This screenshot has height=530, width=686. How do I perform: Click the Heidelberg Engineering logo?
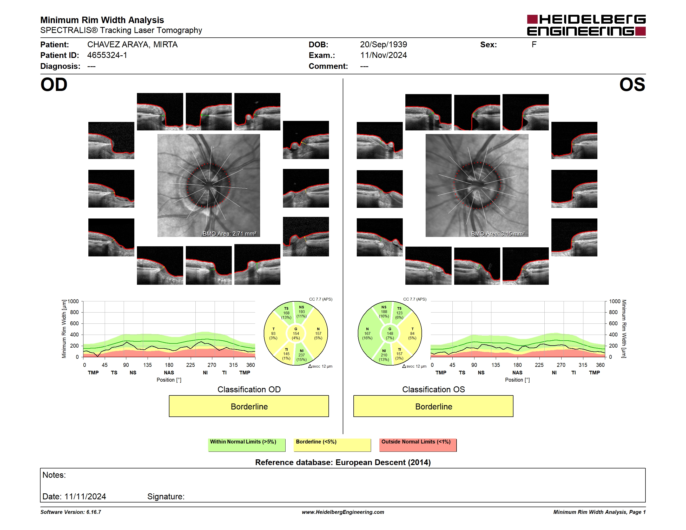[x=586, y=25]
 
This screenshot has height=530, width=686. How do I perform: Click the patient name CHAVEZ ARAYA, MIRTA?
[x=132, y=45]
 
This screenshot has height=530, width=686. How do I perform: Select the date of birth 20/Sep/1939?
[x=383, y=45]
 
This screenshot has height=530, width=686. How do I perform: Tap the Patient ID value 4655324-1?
[x=107, y=55]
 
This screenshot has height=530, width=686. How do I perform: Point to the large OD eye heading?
[x=54, y=85]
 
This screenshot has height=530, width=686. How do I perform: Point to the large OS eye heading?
[x=632, y=85]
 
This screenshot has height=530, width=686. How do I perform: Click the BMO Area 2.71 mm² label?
[x=229, y=234]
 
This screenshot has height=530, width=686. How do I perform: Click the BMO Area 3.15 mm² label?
[x=498, y=234]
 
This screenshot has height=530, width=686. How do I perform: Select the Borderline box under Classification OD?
[x=249, y=406]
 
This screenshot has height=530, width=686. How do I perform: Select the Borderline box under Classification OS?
[x=433, y=406]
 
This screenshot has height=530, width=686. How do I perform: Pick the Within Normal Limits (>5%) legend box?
[x=247, y=445]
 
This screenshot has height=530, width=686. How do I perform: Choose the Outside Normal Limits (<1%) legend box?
[x=418, y=445]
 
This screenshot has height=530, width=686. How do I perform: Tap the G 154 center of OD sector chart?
[x=295, y=333]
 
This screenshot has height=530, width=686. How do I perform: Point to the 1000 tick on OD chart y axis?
[x=73, y=301]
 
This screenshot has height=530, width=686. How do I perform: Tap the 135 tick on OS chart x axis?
[x=496, y=365]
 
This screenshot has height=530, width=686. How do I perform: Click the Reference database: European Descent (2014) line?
[x=343, y=462]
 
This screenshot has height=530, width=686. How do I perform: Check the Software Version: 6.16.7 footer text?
[x=71, y=512]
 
